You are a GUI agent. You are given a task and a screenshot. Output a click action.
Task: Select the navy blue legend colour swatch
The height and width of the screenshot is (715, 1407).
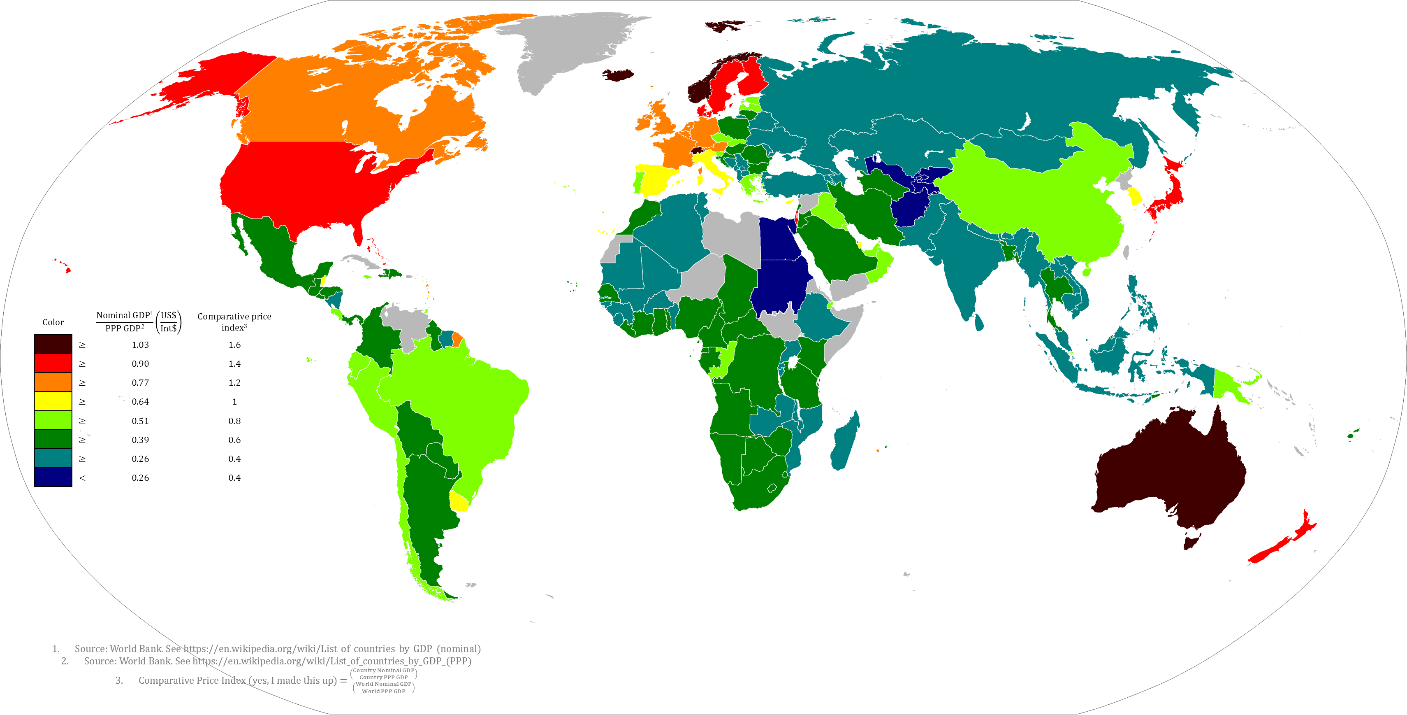53,477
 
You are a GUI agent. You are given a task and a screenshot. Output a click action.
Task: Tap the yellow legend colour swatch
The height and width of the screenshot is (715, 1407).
53,401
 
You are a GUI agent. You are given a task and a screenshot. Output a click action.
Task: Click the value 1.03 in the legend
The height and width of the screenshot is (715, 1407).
140,345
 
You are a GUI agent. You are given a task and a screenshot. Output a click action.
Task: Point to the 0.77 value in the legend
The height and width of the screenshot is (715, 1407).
140,383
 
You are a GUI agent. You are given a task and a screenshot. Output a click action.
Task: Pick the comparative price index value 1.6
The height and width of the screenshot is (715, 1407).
234,345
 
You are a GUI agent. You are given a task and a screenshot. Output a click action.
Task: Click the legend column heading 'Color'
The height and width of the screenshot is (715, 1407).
53,322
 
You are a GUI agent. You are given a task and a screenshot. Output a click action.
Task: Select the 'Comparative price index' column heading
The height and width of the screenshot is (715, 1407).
234,321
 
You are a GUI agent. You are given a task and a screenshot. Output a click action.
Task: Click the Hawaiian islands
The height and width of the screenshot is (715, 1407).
67,269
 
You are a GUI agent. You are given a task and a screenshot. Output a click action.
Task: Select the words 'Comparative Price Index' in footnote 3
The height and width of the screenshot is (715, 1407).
192,680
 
